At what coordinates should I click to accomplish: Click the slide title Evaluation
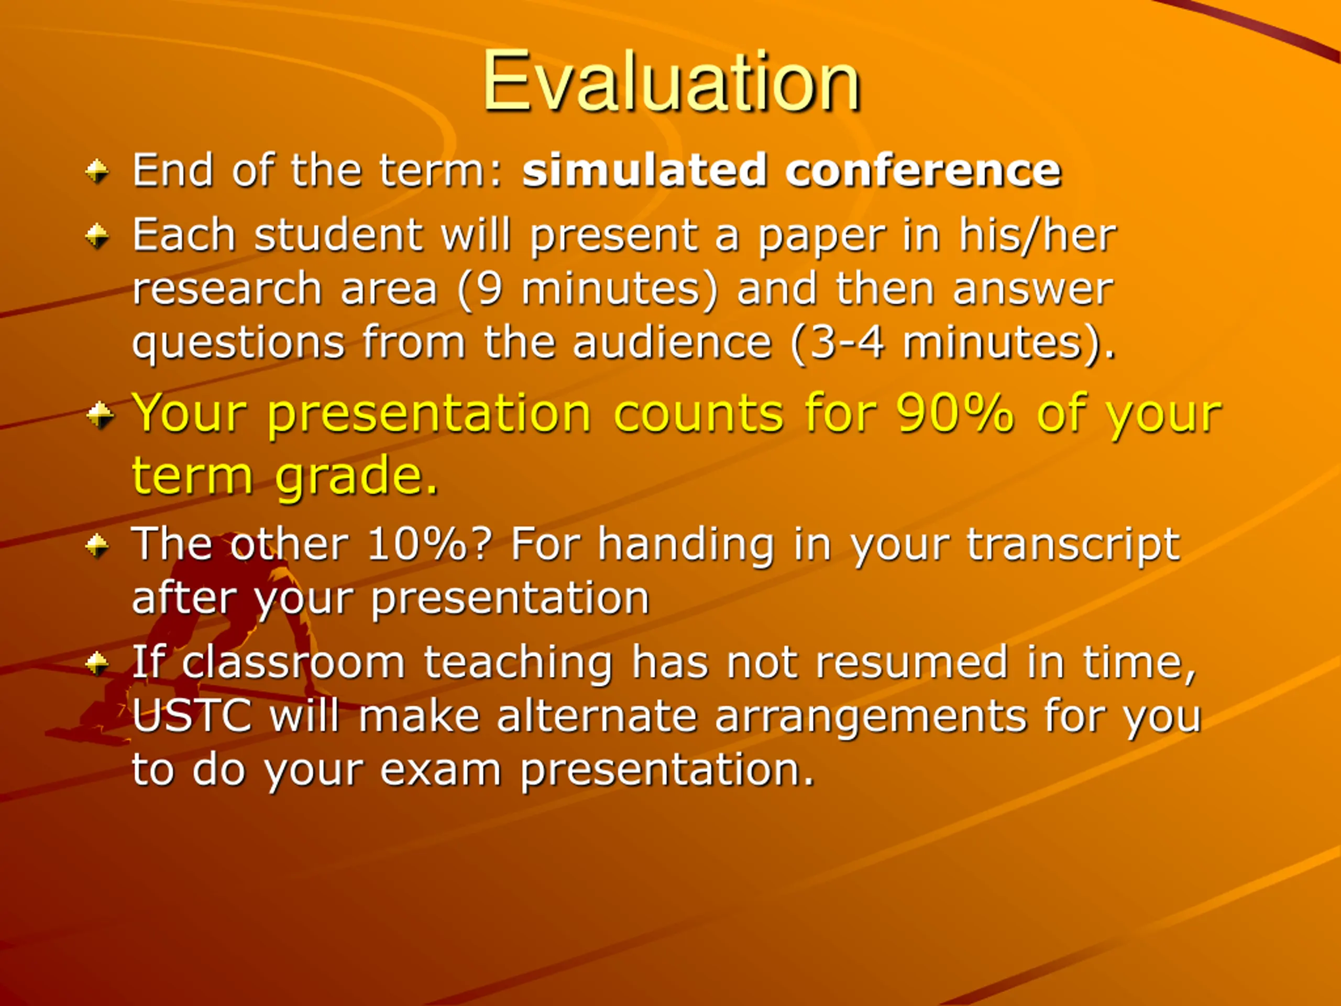click(x=671, y=81)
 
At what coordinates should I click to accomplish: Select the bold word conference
click(x=922, y=170)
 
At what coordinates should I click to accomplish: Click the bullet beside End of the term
click(x=97, y=172)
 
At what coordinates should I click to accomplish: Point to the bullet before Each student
click(x=97, y=236)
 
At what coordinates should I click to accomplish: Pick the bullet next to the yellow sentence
click(x=100, y=415)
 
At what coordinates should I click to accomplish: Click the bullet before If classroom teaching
click(x=97, y=663)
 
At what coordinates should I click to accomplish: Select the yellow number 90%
click(x=955, y=413)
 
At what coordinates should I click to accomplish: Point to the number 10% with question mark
click(x=428, y=544)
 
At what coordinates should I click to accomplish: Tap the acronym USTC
click(x=192, y=716)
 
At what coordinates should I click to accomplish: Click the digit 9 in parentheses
click(x=490, y=289)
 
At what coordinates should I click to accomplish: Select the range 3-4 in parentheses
click(x=847, y=343)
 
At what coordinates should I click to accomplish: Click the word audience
click(x=672, y=343)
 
